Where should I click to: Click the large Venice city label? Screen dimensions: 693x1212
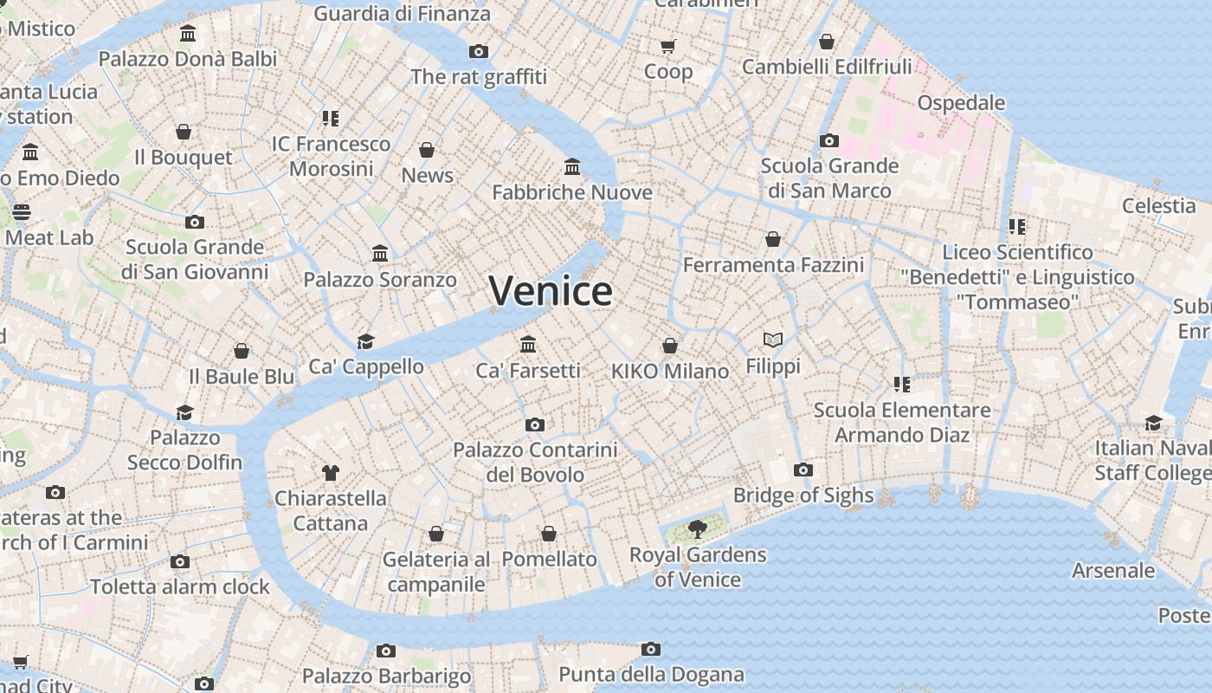tap(551, 291)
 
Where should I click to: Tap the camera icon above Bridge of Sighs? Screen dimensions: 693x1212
tap(803, 470)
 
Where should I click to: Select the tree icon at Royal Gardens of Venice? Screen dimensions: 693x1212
tap(697, 528)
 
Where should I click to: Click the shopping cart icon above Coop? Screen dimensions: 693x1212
tap(667, 46)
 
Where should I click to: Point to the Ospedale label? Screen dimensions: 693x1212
tap(961, 103)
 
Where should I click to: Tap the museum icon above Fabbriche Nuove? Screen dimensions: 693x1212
tap(571, 166)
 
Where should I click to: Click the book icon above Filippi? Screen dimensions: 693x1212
tap(772, 340)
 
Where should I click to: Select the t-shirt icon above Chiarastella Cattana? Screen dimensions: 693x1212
tap(330, 472)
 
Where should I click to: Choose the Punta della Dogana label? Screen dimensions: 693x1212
tap(651, 674)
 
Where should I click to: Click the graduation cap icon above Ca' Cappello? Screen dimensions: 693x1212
tap(365, 341)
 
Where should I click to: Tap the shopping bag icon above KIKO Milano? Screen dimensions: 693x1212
tap(669, 346)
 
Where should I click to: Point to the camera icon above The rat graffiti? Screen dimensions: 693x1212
tap(478, 52)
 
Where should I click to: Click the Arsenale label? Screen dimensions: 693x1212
tap(1113, 571)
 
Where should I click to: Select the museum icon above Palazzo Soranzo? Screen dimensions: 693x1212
tap(379, 254)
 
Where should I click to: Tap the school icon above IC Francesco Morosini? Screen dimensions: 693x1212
tap(330, 118)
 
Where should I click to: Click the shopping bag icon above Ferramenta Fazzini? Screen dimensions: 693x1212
tap(772, 239)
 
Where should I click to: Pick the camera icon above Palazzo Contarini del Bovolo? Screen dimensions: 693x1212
tap(535, 424)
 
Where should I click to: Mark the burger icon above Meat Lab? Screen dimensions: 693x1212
tap(22, 212)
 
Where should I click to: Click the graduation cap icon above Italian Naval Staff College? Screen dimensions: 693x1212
tap(1153, 423)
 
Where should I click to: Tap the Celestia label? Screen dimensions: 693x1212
tap(1158, 206)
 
